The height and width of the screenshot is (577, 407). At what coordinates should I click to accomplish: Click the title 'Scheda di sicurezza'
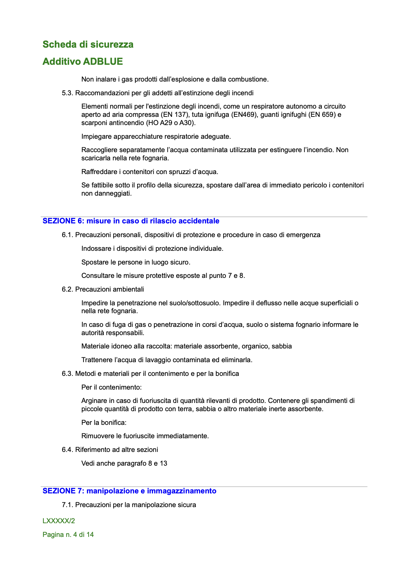pos(88,45)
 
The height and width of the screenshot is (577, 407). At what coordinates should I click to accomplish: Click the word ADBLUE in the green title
pos(103,62)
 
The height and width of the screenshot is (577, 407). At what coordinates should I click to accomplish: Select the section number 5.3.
pos(67,93)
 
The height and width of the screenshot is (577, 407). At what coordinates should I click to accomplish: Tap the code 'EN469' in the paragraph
pos(244,115)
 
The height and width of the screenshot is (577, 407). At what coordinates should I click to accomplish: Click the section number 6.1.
pos(67,235)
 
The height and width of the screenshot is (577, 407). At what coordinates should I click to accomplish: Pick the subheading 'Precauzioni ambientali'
pos(109,290)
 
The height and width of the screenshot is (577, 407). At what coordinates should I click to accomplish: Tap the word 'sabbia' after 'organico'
pos(281,346)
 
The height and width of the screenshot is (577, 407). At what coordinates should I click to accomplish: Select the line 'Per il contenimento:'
pos(111,388)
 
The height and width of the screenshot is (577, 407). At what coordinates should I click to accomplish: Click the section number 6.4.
pos(67,450)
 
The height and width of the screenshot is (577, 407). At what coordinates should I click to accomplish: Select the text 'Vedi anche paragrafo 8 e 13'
pos(124,464)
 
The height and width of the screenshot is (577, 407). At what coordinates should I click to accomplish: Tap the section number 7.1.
pos(67,505)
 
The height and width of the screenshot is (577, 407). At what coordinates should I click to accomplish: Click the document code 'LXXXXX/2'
pos(59,521)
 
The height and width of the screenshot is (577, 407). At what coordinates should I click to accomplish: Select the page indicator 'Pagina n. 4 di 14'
pos(68,535)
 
